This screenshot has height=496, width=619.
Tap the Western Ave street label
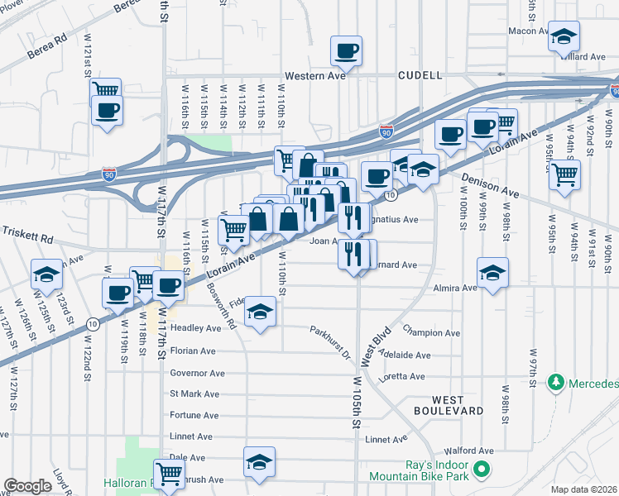[x=314, y=75]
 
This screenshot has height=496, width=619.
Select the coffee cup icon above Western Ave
[x=346, y=51]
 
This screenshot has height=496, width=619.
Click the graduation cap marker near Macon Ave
[x=564, y=37]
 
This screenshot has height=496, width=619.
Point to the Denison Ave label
[x=493, y=186]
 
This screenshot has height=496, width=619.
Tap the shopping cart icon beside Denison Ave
[x=564, y=174]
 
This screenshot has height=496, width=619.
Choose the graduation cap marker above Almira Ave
[x=492, y=273]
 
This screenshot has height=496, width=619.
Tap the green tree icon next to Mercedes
[x=557, y=384]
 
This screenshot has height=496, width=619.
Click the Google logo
[x=27, y=486]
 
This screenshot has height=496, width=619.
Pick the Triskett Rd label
[x=26, y=234]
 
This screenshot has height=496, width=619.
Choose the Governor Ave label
[x=197, y=373]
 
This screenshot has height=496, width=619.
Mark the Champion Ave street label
[x=430, y=332]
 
